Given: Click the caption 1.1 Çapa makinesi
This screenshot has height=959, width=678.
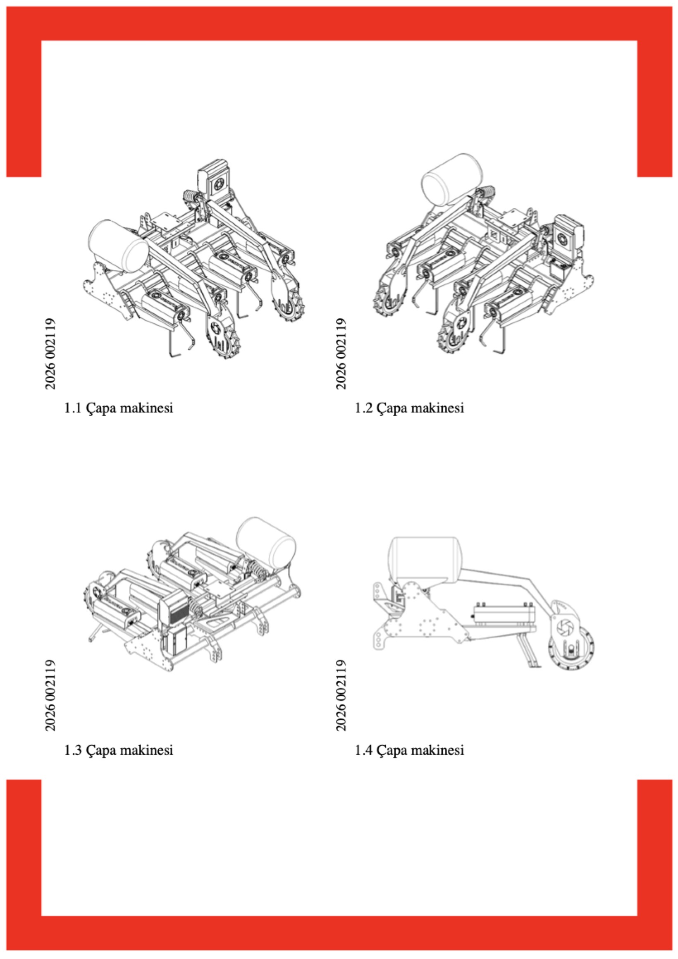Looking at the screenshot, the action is click(x=118, y=408).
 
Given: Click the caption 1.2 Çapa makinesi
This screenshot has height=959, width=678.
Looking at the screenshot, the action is click(x=409, y=408).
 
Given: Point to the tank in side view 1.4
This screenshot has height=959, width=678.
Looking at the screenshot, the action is click(x=423, y=559).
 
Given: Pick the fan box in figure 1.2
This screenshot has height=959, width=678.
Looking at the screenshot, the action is click(x=568, y=236).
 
